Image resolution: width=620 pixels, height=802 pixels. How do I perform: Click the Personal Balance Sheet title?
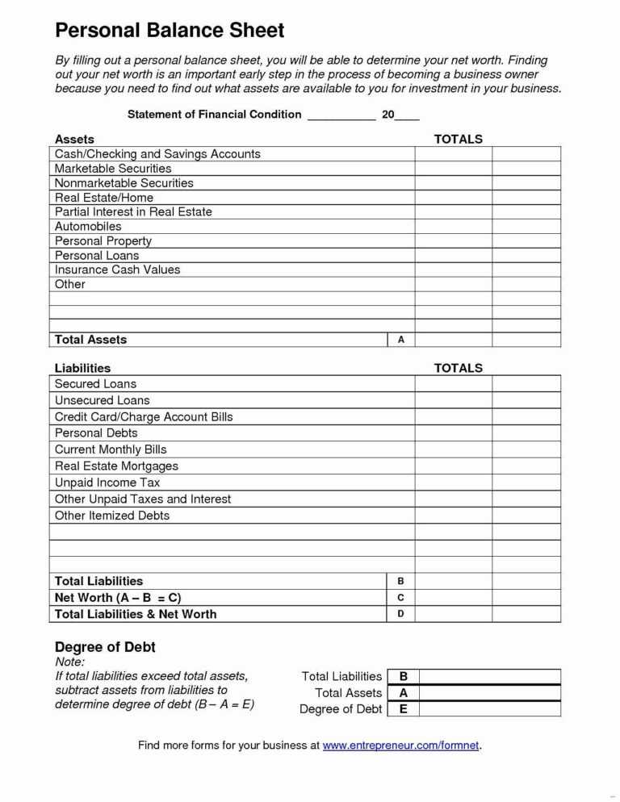(170, 31)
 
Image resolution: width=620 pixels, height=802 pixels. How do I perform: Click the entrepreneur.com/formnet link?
(401, 746)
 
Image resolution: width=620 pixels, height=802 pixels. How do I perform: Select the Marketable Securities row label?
(113, 169)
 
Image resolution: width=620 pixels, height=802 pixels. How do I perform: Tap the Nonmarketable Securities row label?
(124, 183)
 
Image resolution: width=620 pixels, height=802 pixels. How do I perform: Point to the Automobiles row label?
(88, 227)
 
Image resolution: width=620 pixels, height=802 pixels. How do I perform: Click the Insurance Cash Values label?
(117, 269)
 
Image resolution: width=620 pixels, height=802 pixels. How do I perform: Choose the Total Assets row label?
(90, 340)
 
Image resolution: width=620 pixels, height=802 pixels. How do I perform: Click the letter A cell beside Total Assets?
(401, 340)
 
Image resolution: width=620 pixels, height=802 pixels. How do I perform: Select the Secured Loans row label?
(95, 384)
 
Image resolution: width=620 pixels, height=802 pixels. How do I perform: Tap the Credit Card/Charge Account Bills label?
(144, 417)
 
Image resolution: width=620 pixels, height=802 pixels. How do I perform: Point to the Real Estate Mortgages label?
(116, 466)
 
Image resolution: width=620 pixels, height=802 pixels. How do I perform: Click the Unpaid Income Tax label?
(107, 482)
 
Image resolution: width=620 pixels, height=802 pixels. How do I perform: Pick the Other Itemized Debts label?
(112, 516)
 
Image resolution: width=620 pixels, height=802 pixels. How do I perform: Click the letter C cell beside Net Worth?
(401, 598)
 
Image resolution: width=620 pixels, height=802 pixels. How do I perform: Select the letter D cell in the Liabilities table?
(401, 614)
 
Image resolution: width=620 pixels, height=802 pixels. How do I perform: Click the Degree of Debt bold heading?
(105, 647)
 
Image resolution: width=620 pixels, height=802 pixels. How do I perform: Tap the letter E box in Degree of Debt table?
(404, 709)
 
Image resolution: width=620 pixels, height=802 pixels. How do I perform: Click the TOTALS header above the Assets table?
(458, 140)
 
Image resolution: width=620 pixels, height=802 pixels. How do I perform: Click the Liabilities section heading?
(82, 368)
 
